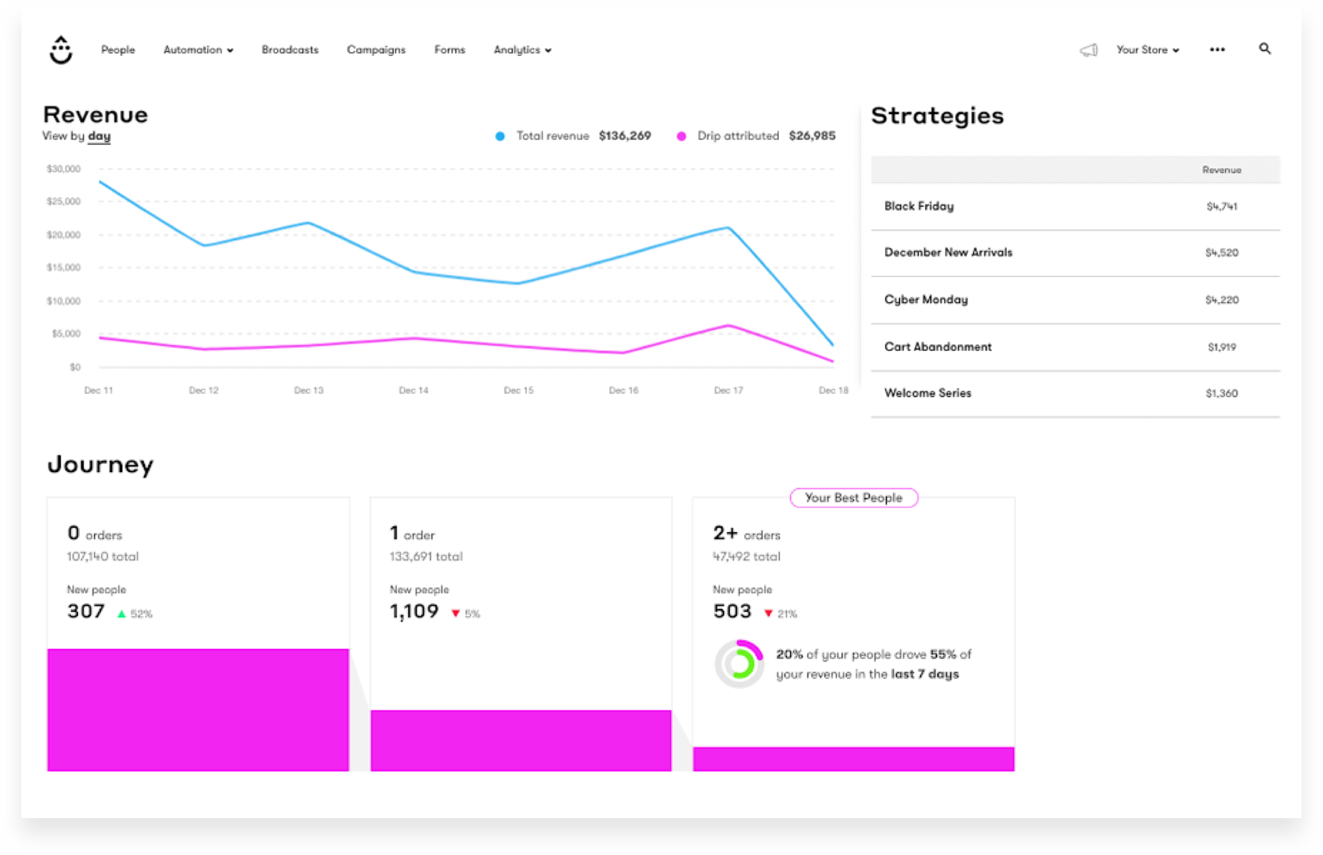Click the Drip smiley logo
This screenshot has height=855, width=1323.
point(61,50)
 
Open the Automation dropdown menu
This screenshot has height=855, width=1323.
point(198,50)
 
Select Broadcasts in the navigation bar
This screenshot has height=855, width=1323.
point(290,50)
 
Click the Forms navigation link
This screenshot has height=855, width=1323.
point(449,50)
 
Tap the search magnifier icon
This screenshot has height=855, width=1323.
point(1265,49)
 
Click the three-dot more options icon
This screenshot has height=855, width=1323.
point(1217,50)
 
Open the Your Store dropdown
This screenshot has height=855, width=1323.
point(1147,50)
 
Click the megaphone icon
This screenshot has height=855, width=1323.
point(1089,51)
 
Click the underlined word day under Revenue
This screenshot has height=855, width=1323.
point(99,136)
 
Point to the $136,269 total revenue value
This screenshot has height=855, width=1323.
point(625,136)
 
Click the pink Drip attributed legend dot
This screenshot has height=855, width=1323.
point(681,136)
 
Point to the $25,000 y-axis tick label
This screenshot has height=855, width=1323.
point(64,202)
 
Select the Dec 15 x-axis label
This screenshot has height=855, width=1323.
point(518,390)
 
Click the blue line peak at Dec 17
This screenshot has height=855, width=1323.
point(728,228)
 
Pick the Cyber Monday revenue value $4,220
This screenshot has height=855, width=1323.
point(1221,300)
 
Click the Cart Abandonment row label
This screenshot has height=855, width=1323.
point(938,347)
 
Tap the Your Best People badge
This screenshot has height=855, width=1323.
point(853,498)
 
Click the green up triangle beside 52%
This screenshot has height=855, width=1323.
point(121,614)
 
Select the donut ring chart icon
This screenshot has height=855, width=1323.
point(739,664)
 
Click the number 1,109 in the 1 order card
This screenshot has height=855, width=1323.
point(414,611)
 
